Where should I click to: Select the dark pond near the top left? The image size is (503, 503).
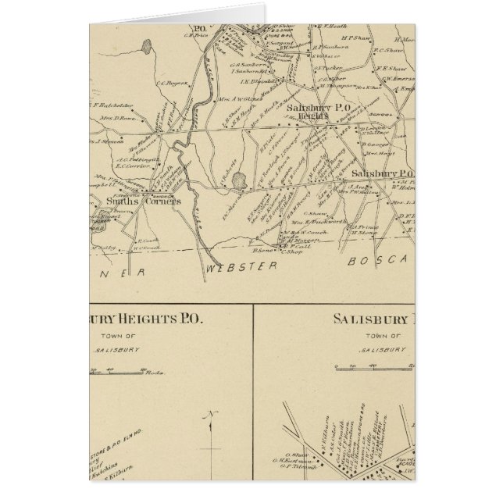coord(145,57)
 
